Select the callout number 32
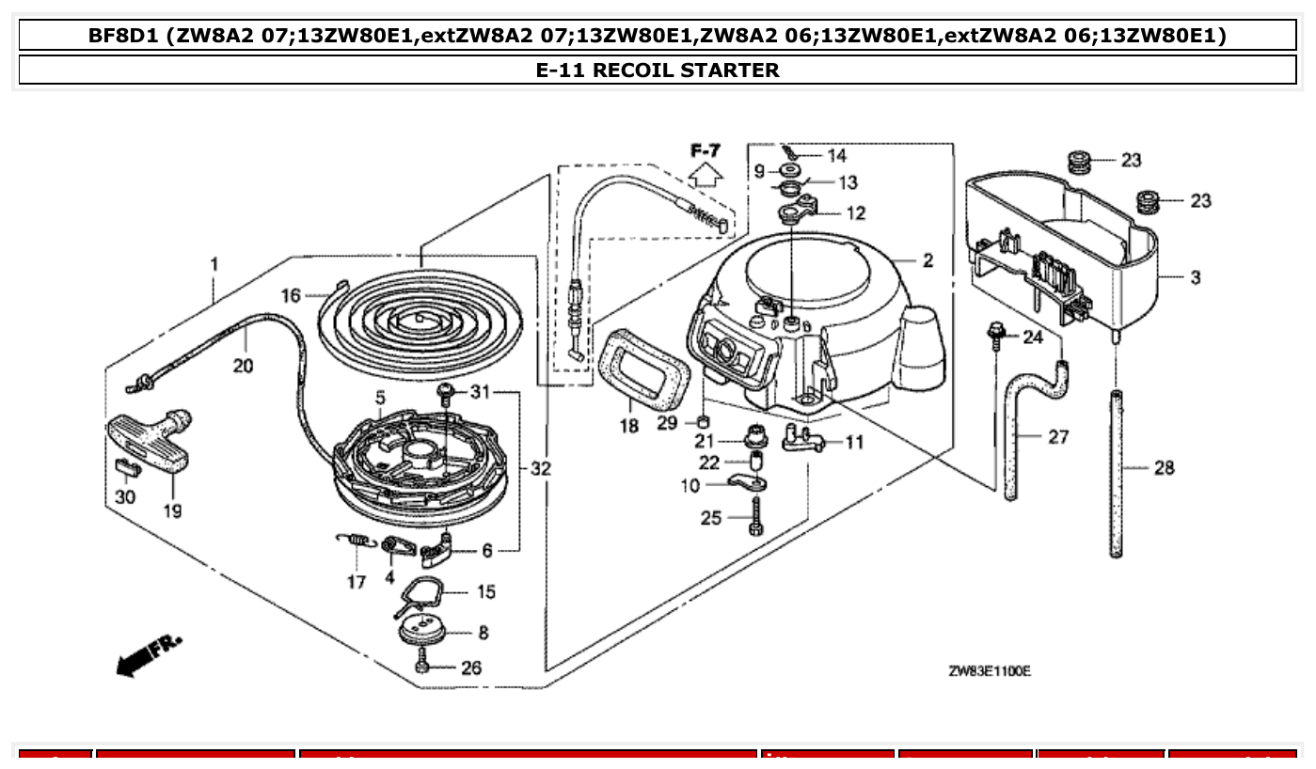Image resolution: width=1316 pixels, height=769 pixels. [540, 468]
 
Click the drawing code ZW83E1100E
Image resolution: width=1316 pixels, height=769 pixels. [989, 670]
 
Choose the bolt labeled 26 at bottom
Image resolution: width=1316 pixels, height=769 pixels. [422, 667]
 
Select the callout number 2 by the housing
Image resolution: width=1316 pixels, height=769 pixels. [928, 260]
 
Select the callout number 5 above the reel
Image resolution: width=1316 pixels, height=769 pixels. [381, 398]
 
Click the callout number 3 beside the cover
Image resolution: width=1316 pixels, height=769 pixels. [1195, 277]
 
